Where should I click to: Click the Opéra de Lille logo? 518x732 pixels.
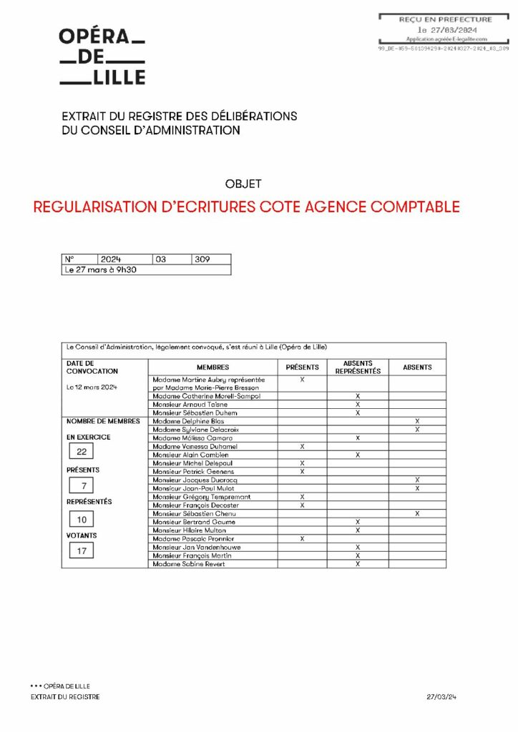pyautogui.click(x=102, y=56)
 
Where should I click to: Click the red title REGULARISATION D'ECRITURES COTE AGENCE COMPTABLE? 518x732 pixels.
pyautogui.click(x=246, y=207)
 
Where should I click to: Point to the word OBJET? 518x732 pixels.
pyautogui.click(x=243, y=184)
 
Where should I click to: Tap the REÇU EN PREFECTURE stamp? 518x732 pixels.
pyautogui.click(x=445, y=29)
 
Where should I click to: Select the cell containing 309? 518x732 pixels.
pyautogui.click(x=210, y=259)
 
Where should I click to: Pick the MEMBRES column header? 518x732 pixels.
pyautogui.click(x=212, y=367)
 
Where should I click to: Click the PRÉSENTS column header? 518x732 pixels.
pyautogui.click(x=302, y=367)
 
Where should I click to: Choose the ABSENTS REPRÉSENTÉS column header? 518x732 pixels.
pyautogui.click(x=358, y=367)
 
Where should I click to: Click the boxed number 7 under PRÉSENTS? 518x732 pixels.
pyautogui.click(x=82, y=486)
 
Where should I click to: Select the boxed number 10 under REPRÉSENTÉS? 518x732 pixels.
pyautogui.click(x=82, y=519)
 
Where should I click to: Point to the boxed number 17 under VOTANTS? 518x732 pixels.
pyautogui.click(x=82, y=551)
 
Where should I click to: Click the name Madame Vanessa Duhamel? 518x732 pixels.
pyautogui.click(x=195, y=446)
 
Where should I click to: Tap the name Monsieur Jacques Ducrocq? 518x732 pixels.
pyautogui.click(x=195, y=480)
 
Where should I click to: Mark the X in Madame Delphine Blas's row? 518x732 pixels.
pyautogui.click(x=417, y=421)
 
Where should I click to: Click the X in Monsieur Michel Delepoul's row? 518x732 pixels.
pyautogui.click(x=302, y=463)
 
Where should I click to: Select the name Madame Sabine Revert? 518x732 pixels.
pyautogui.click(x=188, y=564)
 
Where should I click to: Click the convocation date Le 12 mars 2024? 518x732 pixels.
pyautogui.click(x=92, y=387)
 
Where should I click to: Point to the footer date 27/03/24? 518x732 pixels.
pyautogui.click(x=441, y=696)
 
